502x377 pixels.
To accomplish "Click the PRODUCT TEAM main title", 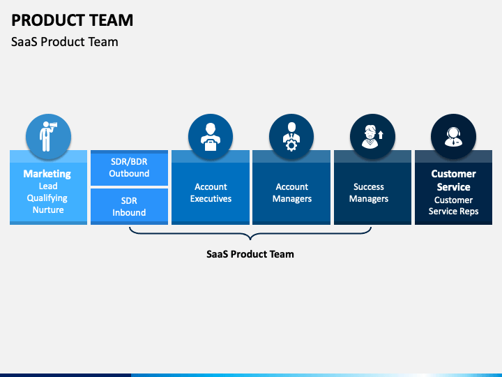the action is coord(72,20).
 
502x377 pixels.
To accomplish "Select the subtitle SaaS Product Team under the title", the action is coord(65,42).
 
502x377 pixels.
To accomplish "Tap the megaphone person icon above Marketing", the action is coord(48,136).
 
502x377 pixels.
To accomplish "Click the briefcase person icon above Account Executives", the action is coord(211,137).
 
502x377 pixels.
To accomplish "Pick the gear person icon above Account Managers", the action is coord(291,137).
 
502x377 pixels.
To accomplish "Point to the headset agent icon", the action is coord(453,137).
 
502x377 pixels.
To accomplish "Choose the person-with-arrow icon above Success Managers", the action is coord(372,137).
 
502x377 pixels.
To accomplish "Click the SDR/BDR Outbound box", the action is coord(130,168).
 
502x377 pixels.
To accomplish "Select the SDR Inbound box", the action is coord(130,207).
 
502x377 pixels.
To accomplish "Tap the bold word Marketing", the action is coord(47,174).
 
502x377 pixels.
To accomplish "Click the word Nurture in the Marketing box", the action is coord(48,209).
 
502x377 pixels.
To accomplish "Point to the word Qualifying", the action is coord(47,198).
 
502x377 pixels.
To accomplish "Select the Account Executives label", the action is coord(211,193).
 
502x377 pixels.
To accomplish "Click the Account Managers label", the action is coord(292,193).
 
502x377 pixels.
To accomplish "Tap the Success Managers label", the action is coord(369,193).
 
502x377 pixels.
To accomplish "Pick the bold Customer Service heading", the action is coord(453,180).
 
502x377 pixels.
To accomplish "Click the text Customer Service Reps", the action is coord(453,205).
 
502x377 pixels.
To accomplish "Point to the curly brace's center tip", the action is coord(250,239).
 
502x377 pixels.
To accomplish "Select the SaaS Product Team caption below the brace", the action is coord(250,254).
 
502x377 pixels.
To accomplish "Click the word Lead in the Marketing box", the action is coord(48,186).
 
